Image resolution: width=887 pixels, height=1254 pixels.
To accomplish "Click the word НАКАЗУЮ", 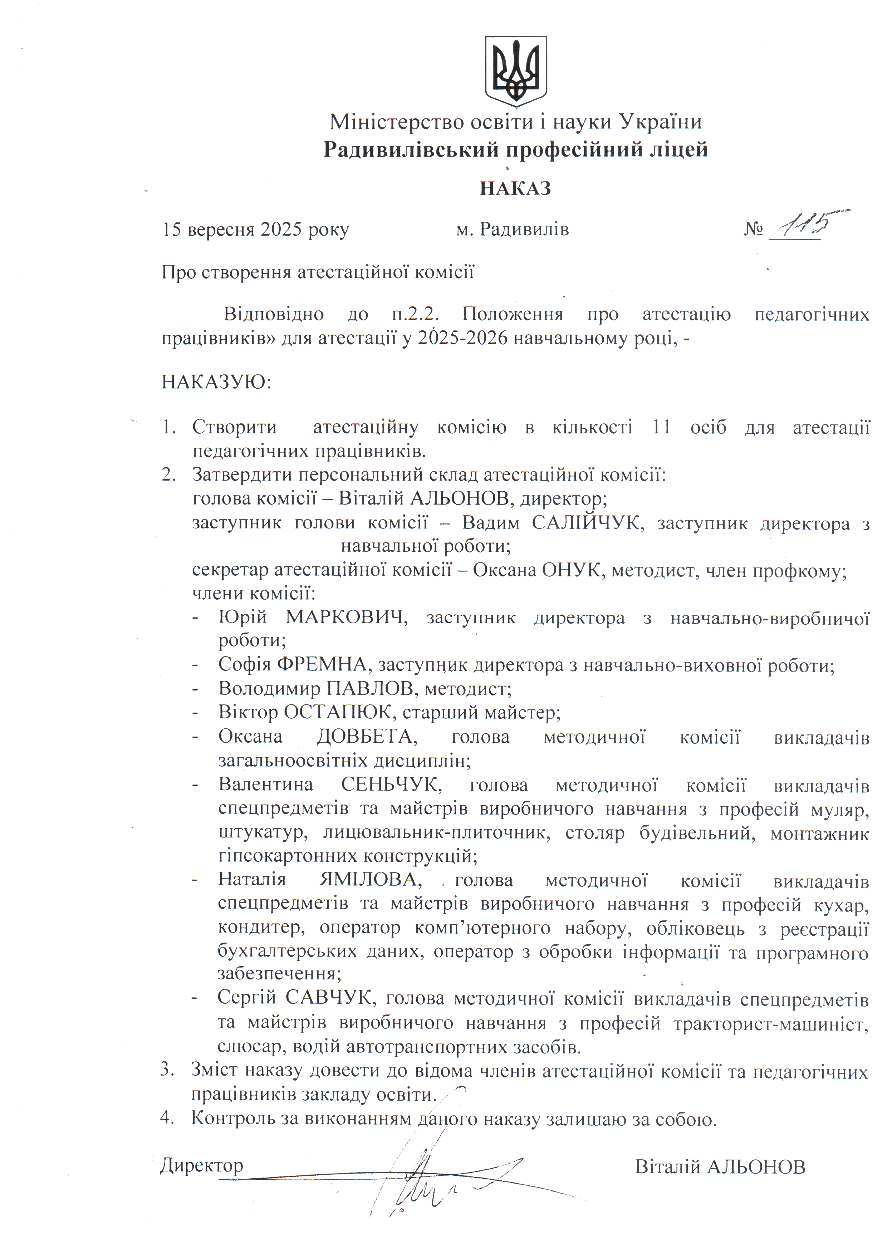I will coord(216,381).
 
